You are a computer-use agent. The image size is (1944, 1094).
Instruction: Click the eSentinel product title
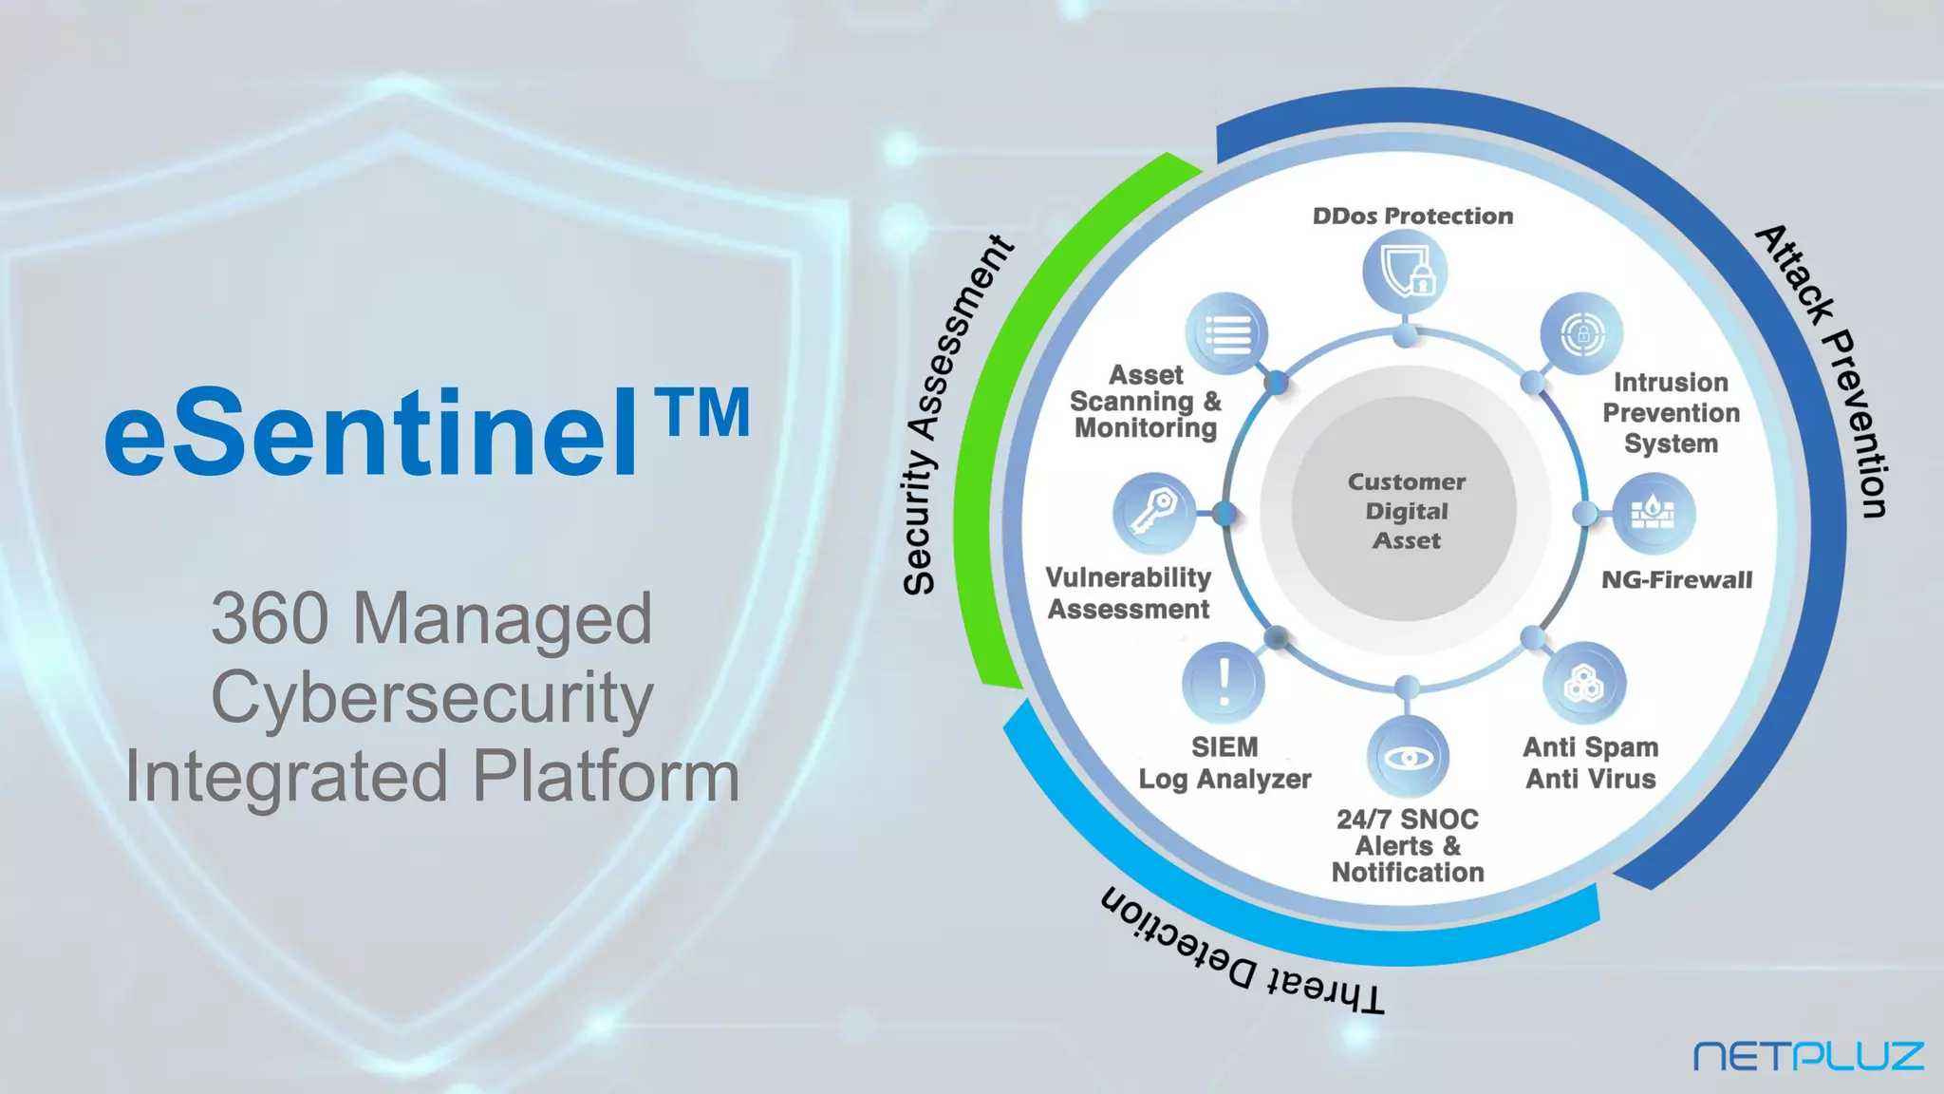(370, 433)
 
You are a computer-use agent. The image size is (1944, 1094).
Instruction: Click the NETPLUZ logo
(1808, 1056)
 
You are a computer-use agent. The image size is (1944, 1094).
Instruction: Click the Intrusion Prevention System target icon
(1581, 333)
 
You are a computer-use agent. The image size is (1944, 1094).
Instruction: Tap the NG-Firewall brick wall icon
(1654, 514)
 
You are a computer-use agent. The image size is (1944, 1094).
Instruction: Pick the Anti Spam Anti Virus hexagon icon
(1583, 684)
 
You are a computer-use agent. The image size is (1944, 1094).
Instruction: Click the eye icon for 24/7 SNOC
(1408, 757)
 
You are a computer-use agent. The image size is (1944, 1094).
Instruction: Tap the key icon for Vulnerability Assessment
(1153, 514)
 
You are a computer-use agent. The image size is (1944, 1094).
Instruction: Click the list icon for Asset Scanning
(1227, 333)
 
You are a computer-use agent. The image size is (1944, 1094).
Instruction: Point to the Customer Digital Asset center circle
(1406, 511)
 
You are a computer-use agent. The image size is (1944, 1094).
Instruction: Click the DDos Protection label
(1412, 217)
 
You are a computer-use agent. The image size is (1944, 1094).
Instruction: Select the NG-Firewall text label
(1676, 580)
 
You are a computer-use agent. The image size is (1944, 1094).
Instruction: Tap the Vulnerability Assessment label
(1129, 594)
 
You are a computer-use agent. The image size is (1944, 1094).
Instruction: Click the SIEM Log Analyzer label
(1224, 764)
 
